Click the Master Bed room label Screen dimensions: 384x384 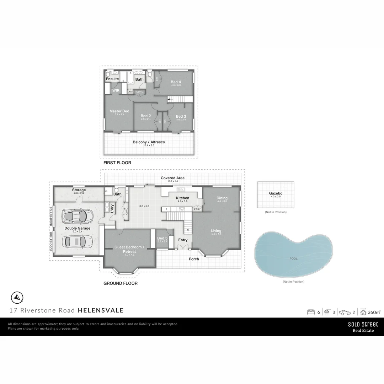point(119,111)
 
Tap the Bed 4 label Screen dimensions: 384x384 point(176,82)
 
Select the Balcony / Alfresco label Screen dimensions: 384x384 point(149,142)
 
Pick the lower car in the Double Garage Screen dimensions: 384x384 point(74,242)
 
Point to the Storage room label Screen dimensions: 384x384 point(79,190)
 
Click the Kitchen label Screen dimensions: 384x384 point(183,198)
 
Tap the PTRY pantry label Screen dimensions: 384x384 point(197,209)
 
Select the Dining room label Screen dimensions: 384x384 point(222,198)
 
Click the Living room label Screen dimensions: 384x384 point(216,230)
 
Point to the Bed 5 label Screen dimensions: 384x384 point(162,238)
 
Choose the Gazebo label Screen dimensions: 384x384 point(276,193)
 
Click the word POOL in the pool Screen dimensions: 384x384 point(293,259)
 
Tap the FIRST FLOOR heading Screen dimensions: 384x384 point(117,163)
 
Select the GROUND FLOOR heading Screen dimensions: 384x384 point(120,283)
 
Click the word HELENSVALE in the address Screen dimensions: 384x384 point(101,310)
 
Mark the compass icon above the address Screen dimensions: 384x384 point(17,297)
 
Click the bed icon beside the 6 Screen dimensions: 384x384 point(311,312)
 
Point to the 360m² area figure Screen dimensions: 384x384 point(374,312)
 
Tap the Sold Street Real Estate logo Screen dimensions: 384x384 point(363,327)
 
